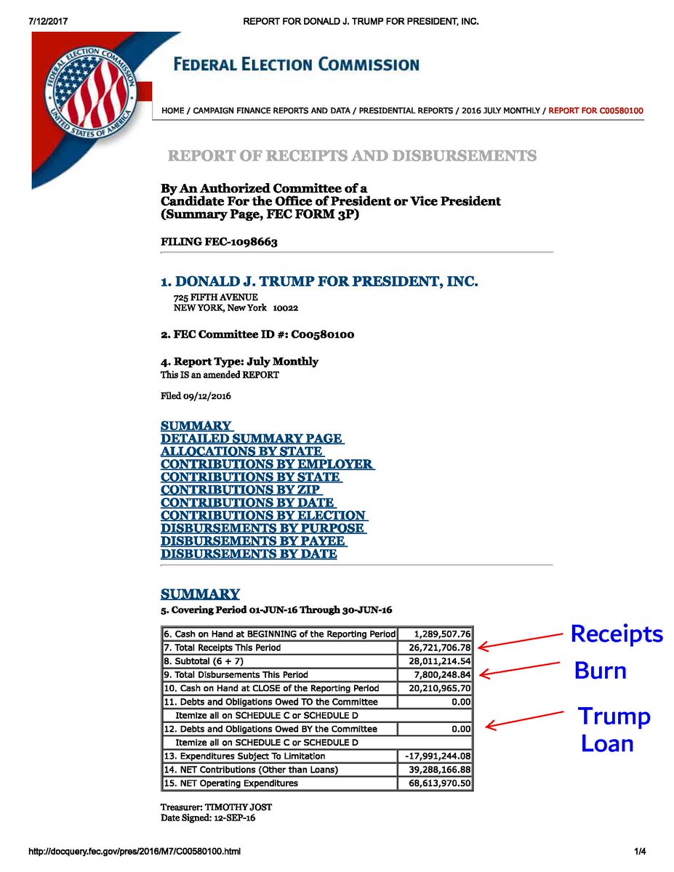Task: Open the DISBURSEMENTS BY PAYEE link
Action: click(x=253, y=541)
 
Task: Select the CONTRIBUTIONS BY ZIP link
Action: click(x=241, y=490)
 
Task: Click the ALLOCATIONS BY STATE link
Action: click(x=242, y=451)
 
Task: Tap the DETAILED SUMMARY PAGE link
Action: click(x=252, y=438)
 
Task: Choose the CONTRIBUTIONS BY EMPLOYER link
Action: click(x=268, y=464)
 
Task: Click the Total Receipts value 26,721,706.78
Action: click(x=436, y=647)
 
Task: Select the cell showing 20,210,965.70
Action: click(x=436, y=688)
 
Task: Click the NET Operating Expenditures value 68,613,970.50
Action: click(x=436, y=783)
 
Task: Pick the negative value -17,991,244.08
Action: click(x=436, y=756)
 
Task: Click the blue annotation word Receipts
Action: click(x=617, y=634)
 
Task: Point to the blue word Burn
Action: click(x=600, y=670)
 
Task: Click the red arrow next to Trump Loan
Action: click(x=523, y=719)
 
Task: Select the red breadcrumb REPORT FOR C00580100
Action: click(x=595, y=110)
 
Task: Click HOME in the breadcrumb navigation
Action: click(x=172, y=110)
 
